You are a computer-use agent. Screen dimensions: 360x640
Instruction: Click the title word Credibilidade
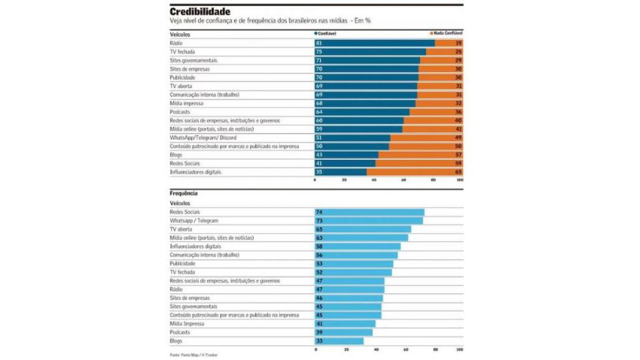coord(199,12)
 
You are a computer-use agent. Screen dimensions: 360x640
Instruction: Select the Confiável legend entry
coord(326,34)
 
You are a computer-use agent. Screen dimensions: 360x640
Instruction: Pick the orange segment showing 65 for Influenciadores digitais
coord(415,172)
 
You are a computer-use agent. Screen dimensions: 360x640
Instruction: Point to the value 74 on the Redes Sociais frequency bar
coord(319,212)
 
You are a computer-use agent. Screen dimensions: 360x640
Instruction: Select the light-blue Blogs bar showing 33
coord(339,341)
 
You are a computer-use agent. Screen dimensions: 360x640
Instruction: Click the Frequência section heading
coord(184,193)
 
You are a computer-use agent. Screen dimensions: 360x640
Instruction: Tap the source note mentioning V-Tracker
coord(193,355)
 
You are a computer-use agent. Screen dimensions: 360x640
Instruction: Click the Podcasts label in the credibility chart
coord(180,112)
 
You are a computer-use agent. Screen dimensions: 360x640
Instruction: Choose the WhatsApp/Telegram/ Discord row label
coord(203,138)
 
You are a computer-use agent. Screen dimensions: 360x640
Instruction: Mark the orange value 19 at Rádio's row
coord(458,43)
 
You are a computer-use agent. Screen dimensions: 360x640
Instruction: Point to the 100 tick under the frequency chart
coord(460,350)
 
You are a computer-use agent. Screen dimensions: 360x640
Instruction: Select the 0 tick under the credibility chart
coord(315,180)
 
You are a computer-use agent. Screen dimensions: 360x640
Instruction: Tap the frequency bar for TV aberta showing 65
coord(362,229)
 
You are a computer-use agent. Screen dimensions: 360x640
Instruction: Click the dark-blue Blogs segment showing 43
coord(346,155)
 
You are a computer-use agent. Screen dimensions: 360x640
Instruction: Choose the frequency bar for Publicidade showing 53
coord(354,264)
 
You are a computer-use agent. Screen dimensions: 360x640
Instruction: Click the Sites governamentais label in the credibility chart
coord(193,61)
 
